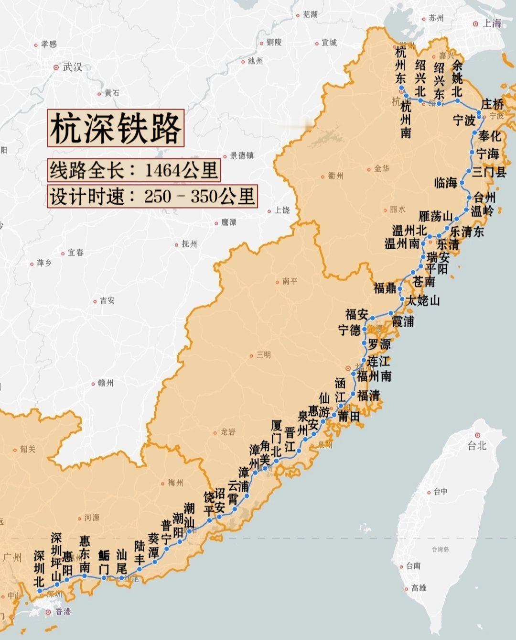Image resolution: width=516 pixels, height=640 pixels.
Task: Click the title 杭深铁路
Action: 116,128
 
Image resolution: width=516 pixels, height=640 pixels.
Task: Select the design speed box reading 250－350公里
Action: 152,196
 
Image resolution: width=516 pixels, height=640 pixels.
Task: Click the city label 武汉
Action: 73,67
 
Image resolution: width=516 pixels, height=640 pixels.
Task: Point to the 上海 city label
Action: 492,23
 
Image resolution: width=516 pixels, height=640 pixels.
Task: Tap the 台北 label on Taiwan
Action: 477,445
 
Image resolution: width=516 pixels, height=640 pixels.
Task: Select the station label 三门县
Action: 489,172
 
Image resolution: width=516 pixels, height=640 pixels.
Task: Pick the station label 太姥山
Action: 423,300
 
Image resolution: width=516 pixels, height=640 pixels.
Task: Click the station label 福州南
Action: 374,376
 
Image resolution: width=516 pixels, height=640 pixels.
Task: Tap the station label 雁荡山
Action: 435,216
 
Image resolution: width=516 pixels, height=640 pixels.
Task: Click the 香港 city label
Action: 63,611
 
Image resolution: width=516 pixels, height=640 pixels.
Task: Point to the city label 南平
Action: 290,281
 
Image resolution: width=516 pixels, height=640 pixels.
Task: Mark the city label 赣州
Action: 105,383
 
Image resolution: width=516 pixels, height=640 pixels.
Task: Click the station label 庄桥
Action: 492,104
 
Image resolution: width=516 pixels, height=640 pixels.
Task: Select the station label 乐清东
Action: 467,232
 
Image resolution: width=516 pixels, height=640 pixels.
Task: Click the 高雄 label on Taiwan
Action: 419,588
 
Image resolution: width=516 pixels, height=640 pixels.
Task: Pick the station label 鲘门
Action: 104,562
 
